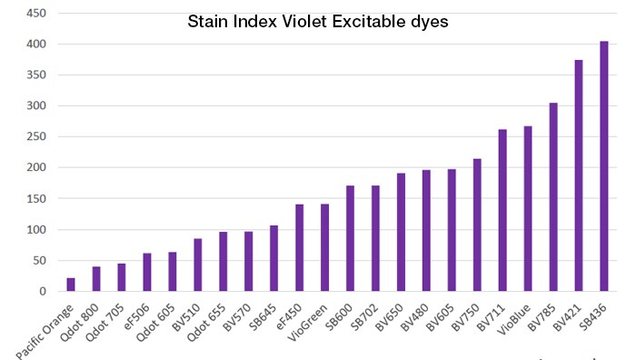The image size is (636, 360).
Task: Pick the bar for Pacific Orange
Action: pyautogui.click(x=71, y=285)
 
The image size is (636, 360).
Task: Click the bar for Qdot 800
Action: pyautogui.click(x=96, y=279)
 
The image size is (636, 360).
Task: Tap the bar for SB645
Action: pyautogui.click(x=273, y=258)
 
